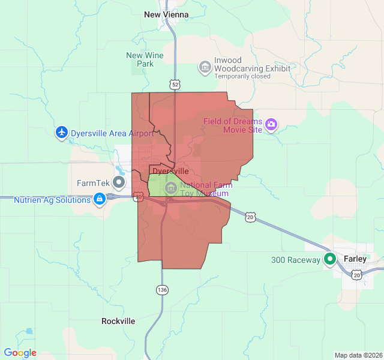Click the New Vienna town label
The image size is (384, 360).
point(166,14)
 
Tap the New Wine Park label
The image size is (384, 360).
point(145,59)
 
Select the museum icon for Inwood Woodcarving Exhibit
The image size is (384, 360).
point(205,65)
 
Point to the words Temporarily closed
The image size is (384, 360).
point(244,76)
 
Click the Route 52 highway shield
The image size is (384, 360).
point(175,85)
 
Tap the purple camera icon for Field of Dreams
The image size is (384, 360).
point(271,125)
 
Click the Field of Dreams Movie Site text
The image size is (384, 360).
point(233,125)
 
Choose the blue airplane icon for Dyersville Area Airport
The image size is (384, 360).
point(62,133)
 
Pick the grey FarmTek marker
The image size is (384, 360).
point(120,182)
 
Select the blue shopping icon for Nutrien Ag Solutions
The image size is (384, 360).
point(100,199)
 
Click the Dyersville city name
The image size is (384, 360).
point(171,172)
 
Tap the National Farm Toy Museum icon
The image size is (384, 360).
point(171,188)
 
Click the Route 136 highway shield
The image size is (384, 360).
point(162,290)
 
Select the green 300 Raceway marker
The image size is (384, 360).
point(330,259)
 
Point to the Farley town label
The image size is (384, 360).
point(355,259)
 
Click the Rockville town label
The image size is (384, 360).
point(118,321)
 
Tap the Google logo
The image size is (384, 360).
point(20,353)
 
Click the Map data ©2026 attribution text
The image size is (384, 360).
point(358,355)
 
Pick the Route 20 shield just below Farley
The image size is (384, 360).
point(357,275)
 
